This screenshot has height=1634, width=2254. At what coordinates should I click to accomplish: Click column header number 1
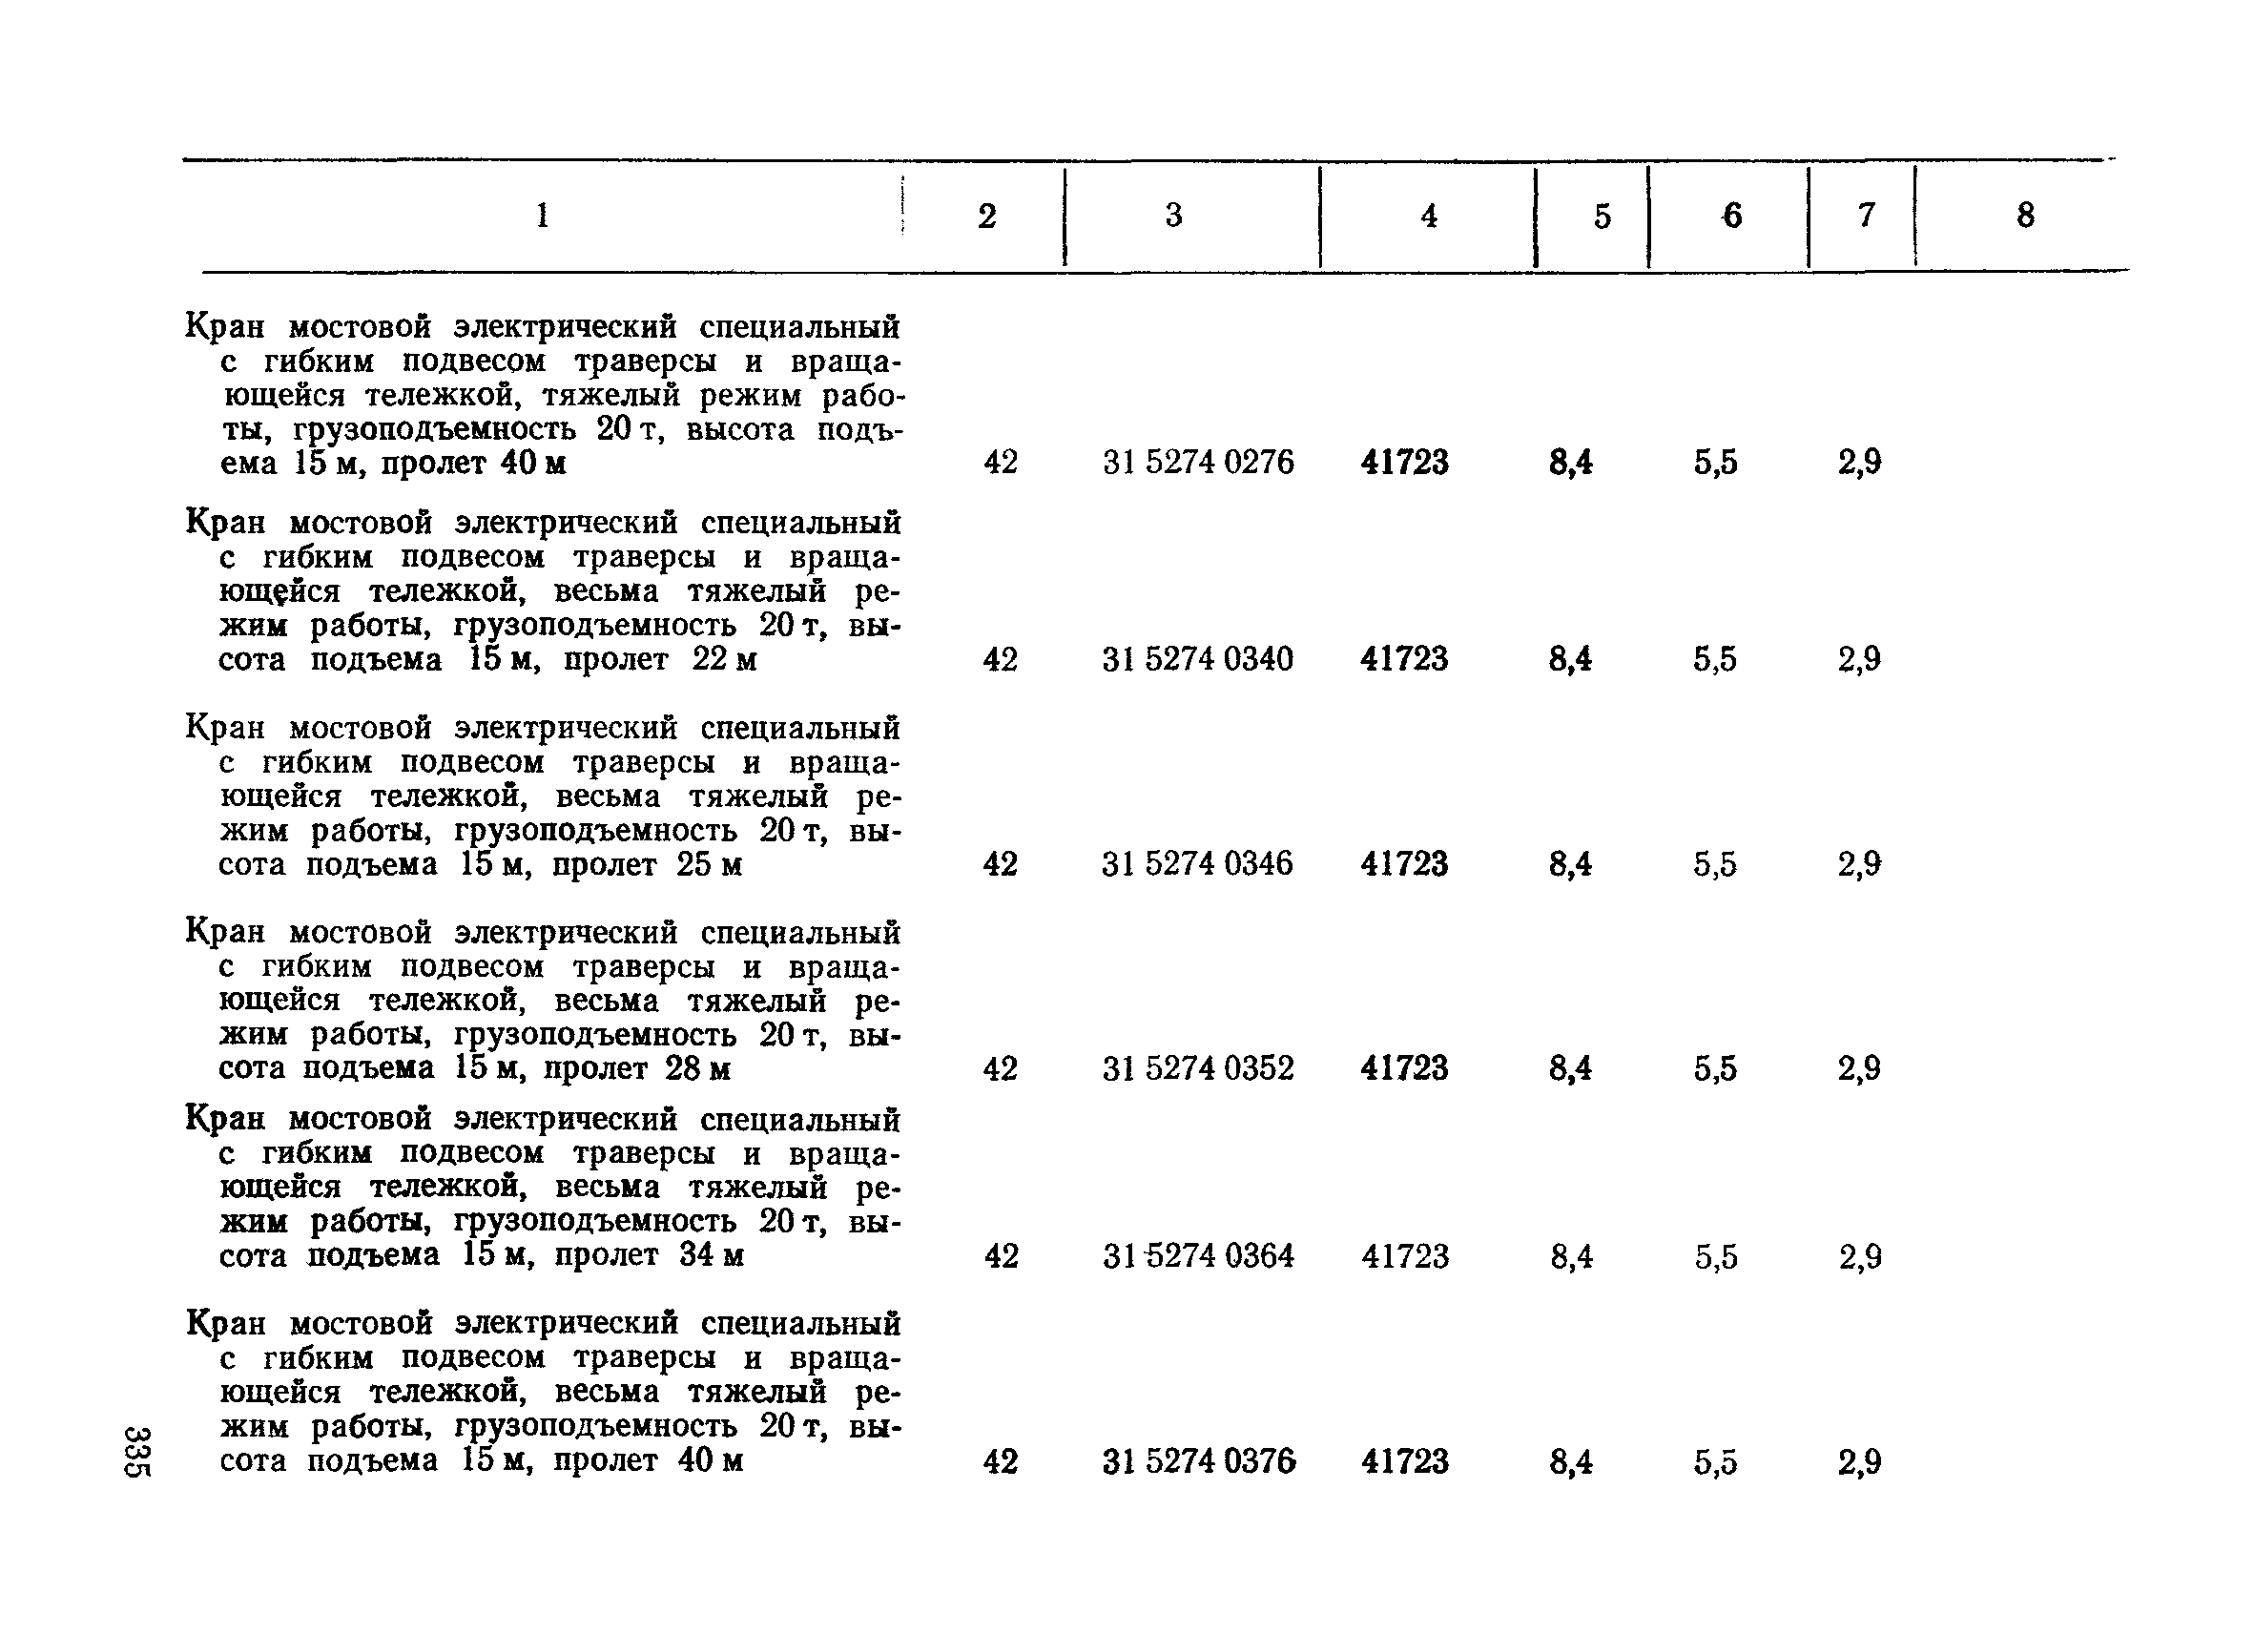coord(542,216)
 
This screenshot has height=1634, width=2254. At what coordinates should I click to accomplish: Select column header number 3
coord(1173,216)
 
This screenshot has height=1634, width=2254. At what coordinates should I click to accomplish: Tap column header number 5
coord(1603,217)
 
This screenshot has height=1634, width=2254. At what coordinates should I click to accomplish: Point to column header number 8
coord(2025,216)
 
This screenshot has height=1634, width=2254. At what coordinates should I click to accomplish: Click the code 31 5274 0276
coord(1199,463)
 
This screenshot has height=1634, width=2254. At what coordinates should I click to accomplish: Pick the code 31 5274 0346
coord(1197,862)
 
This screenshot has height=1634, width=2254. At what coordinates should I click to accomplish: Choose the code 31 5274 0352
coord(1199,1068)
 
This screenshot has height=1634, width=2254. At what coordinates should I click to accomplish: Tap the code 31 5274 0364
coord(1199,1256)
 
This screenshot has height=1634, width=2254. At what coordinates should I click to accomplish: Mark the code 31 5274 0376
coord(1199,1461)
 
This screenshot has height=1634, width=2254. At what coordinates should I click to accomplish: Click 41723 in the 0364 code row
coord(1405,1256)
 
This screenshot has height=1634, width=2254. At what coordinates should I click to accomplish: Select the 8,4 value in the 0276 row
coord(1570,463)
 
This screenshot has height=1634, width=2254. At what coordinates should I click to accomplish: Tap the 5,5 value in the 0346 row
coord(1715,863)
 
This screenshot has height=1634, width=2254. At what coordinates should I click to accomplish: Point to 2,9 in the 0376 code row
coord(1859,1462)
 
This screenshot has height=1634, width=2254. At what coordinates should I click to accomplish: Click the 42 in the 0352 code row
coord(1000,1068)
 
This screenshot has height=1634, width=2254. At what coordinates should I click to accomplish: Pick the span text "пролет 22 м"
coord(660,659)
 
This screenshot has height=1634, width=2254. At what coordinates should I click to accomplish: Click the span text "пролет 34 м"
coord(649,1255)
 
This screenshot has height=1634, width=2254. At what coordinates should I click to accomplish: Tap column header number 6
coord(1732,216)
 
